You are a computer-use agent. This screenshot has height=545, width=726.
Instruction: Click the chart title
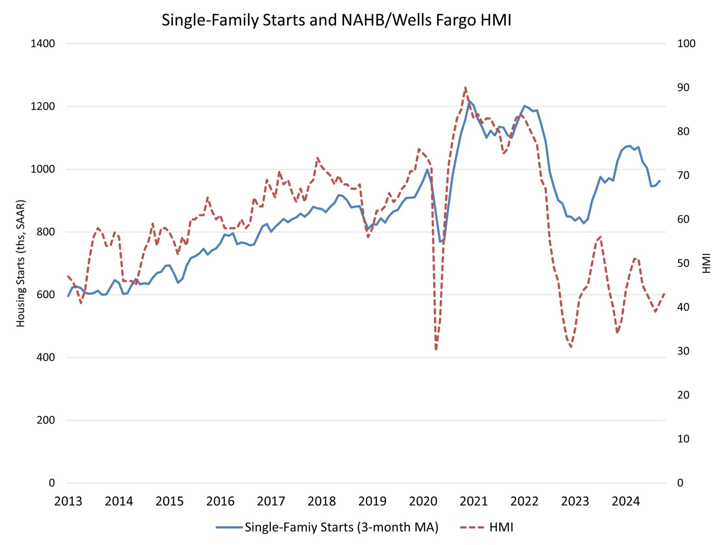point(336,20)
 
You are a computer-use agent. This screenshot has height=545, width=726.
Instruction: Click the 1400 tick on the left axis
point(43,44)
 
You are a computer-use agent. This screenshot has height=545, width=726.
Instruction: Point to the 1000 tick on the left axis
point(43,169)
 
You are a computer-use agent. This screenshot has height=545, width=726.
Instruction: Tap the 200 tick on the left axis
point(46,420)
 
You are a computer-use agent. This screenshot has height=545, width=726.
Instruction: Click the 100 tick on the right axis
point(686,44)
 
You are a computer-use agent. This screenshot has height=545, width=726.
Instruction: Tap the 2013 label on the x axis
point(68,501)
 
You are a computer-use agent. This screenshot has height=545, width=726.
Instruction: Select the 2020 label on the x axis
point(423,501)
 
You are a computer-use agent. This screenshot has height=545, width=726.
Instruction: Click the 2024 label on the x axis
point(626,501)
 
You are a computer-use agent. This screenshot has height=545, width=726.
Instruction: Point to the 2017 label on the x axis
point(271,501)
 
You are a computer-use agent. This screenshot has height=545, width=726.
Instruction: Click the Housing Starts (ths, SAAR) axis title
point(21,263)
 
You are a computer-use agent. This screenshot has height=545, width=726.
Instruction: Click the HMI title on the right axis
point(706,263)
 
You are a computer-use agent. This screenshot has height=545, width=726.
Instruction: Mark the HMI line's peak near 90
point(465,88)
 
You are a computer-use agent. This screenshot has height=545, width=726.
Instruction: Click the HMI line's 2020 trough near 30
point(436,350)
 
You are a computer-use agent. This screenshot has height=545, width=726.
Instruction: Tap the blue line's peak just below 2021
point(469,101)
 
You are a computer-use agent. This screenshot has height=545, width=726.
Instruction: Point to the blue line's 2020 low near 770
point(440,242)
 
